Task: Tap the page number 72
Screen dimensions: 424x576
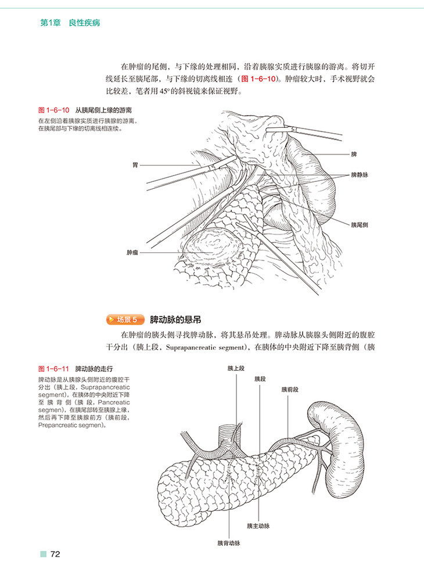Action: click(x=55, y=554)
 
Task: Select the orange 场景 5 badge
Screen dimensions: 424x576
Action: click(x=125, y=319)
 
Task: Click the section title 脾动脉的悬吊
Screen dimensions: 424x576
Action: click(x=175, y=319)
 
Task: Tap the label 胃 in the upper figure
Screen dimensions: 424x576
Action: click(x=135, y=165)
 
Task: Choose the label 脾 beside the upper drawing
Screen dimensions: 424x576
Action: click(x=354, y=154)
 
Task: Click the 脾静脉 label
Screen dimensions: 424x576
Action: click(x=360, y=174)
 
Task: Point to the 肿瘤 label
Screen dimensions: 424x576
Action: click(x=132, y=253)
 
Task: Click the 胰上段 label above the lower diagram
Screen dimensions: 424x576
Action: click(x=236, y=368)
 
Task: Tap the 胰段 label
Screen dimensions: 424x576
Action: click(x=260, y=378)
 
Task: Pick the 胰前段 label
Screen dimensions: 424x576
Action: click(x=289, y=389)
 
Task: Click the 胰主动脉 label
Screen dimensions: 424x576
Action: click(x=258, y=526)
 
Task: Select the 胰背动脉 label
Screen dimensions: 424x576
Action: click(x=229, y=543)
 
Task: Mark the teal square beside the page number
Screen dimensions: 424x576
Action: click(x=42, y=554)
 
